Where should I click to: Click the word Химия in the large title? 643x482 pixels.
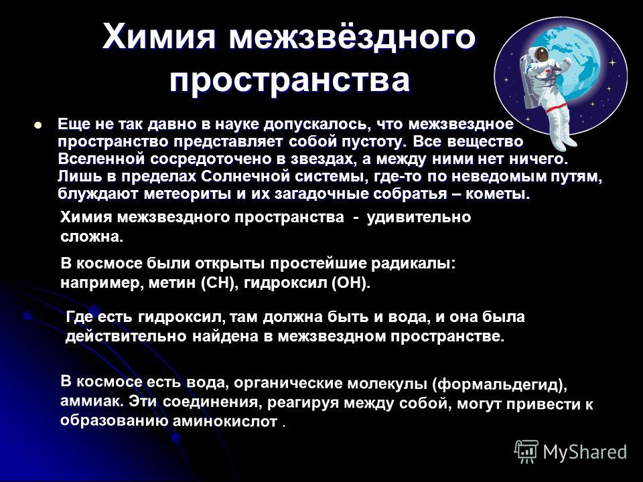pos(159,36)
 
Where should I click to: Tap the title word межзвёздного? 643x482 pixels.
pos(352,36)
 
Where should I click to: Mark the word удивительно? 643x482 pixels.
pos(419,217)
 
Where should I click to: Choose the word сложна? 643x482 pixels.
pos(92,237)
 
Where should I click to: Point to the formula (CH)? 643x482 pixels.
pos(220,283)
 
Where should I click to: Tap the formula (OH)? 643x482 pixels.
pos(351,283)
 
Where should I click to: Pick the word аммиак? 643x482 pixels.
pos(92,400)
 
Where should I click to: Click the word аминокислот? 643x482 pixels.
pos(226,421)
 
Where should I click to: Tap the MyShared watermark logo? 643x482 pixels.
pos(571,452)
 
